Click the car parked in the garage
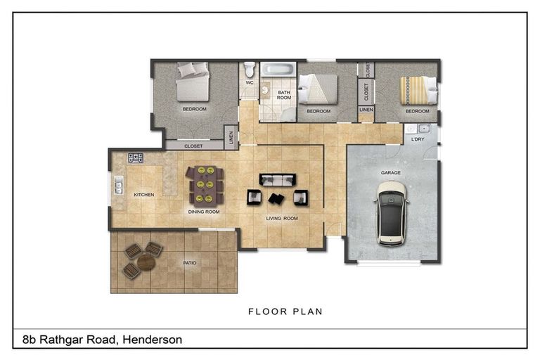click(x=392, y=212)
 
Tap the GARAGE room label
click(x=391, y=172)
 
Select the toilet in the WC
click(x=250, y=70)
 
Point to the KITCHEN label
click(x=143, y=195)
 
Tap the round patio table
click(x=146, y=262)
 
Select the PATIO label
click(x=190, y=263)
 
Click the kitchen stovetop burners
click(x=135, y=158)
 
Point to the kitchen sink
click(x=119, y=186)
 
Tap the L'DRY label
click(x=417, y=141)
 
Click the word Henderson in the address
click(x=152, y=340)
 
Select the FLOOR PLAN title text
click(x=285, y=311)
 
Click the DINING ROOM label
click(x=203, y=212)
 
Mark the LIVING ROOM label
click(x=282, y=219)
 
